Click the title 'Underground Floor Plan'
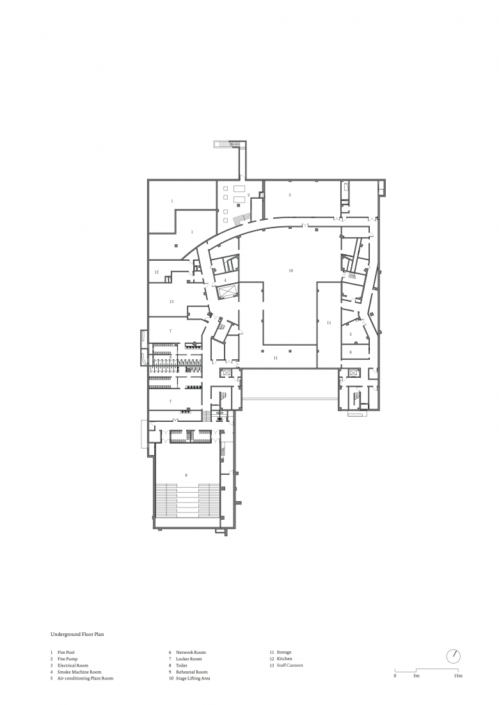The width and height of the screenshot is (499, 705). click(77, 635)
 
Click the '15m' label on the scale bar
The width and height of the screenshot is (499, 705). click(458, 676)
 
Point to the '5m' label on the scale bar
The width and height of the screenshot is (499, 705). click(416, 676)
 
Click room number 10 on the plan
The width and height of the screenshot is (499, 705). click(290, 270)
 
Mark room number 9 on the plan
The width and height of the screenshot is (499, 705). click(186, 475)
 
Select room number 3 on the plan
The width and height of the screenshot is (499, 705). click(290, 195)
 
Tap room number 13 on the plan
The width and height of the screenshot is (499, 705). click(171, 302)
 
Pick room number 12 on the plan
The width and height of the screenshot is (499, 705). click(157, 272)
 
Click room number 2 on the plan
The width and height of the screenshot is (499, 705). click(248, 195)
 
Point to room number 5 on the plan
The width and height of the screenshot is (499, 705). click(351, 334)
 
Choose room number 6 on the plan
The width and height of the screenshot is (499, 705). click(351, 353)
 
